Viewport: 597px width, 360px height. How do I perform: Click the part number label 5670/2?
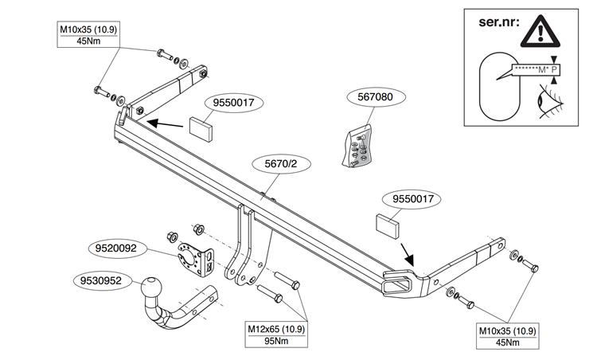click(281, 164)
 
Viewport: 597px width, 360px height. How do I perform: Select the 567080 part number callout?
click(375, 96)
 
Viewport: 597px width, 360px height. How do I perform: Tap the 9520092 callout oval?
click(115, 248)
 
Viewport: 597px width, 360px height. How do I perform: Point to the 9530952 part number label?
click(100, 281)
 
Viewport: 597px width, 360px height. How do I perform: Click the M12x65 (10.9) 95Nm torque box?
click(276, 335)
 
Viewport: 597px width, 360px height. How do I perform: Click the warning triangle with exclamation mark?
click(540, 31)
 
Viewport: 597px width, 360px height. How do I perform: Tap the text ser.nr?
click(499, 22)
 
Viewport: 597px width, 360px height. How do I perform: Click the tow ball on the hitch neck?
click(151, 289)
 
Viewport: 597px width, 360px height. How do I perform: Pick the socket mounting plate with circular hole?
click(195, 259)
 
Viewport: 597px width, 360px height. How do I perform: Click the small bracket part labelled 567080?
click(357, 147)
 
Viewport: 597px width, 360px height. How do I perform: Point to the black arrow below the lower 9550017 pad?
click(407, 255)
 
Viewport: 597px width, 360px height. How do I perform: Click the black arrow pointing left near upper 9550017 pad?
click(165, 123)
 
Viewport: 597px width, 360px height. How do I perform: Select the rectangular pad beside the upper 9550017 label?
click(201, 129)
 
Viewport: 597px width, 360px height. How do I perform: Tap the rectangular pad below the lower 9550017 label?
click(388, 226)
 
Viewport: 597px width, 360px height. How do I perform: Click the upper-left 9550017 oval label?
click(233, 103)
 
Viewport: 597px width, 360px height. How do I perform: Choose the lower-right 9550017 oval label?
click(413, 199)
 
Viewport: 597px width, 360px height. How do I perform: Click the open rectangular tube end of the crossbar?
click(398, 283)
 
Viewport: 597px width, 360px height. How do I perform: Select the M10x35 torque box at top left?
click(88, 35)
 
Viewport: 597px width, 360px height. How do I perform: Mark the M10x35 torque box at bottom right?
click(508, 336)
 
